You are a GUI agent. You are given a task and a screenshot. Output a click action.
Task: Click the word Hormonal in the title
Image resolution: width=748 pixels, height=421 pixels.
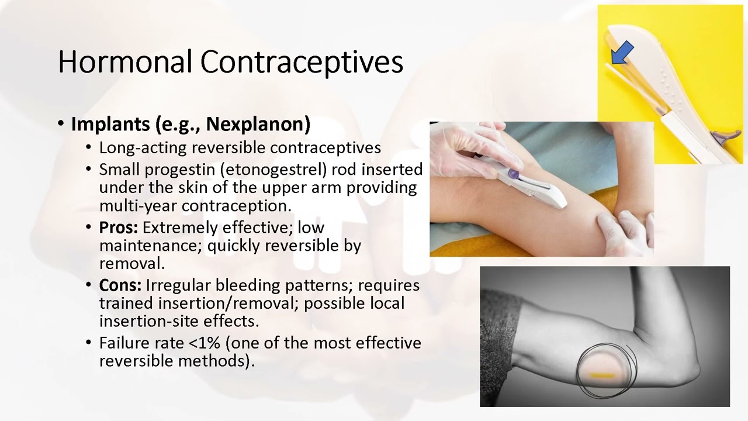[x=125, y=61]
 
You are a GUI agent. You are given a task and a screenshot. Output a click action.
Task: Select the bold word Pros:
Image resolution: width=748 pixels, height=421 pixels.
[x=119, y=227]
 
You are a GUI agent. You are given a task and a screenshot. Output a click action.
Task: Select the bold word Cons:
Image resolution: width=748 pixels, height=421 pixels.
[x=120, y=285]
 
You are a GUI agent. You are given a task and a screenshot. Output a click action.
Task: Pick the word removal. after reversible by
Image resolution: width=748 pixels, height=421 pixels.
[x=132, y=263]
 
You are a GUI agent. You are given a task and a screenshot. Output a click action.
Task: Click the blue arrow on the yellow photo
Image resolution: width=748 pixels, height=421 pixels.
[x=622, y=53]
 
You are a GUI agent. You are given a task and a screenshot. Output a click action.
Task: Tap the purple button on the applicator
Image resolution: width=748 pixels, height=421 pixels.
[x=513, y=174]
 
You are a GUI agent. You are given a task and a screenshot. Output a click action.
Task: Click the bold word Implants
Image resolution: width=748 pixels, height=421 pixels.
[x=110, y=124]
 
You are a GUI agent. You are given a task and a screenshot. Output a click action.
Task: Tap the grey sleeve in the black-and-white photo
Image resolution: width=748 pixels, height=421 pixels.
[x=500, y=339]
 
